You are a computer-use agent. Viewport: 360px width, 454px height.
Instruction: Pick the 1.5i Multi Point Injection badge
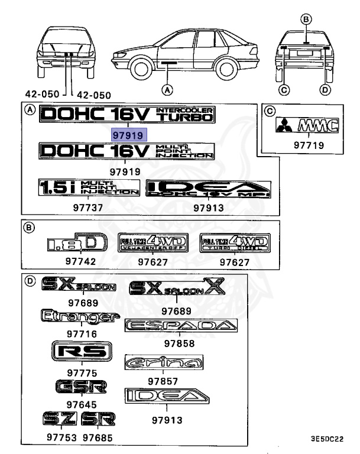[89, 187]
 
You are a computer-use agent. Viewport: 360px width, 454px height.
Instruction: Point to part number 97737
[88, 207]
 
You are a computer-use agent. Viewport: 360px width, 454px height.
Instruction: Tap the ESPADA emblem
[181, 325]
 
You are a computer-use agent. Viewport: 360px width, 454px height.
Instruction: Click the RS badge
[82, 352]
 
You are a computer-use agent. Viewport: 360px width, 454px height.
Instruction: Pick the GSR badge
[82, 387]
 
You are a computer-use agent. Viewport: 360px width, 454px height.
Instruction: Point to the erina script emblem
[164, 362]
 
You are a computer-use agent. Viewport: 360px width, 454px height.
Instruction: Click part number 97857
[163, 382]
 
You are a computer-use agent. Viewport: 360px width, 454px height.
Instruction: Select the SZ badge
[60, 419]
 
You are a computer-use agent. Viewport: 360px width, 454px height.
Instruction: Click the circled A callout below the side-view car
[167, 90]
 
